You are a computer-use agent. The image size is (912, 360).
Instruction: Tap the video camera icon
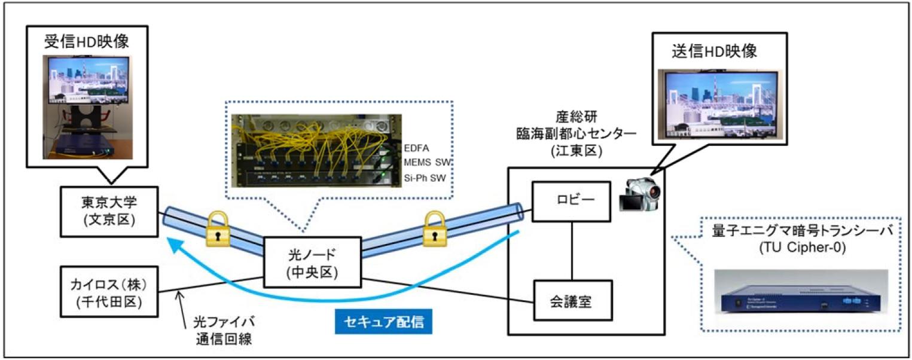(x=642, y=197)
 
